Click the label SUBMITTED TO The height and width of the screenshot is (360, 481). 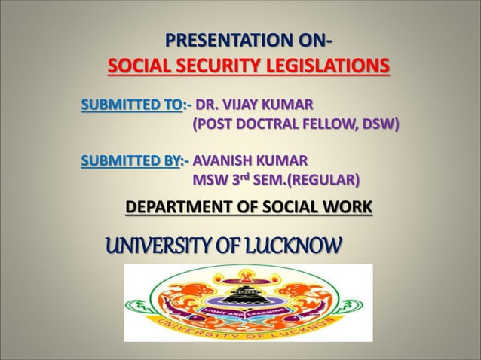tap(131, 103)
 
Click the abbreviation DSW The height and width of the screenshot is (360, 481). tap(378, 122)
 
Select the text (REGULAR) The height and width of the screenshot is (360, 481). tap(323, 180)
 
